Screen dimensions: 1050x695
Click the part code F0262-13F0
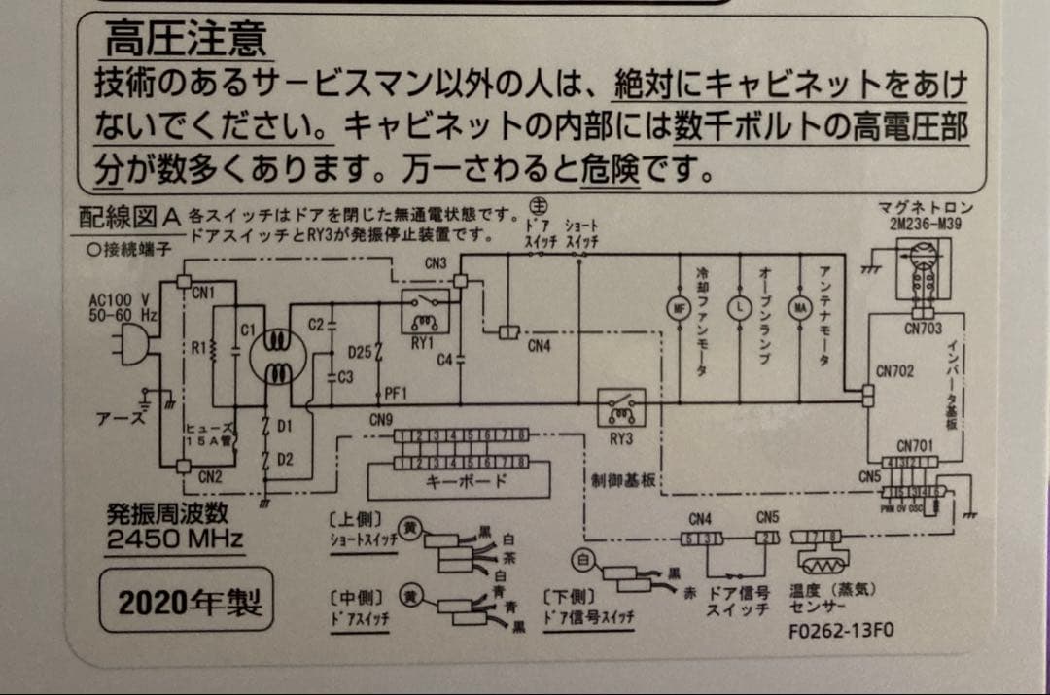pyautogui.click(x=842, y=629)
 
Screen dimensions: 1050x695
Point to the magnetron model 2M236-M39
pyautogui.click(x=923, y=223)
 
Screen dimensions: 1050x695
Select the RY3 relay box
pyautogui.click(x=620, y=407)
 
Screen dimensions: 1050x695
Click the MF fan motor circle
pyautogui.click(x=678, y=309)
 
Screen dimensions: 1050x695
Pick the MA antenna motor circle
pyautogui.click(x=799, y=309)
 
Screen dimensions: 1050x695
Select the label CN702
pyautogui.click(x=894, y=370)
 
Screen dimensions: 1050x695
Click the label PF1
pyautogui.click(x=396, y=393)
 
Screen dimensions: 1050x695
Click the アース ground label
pyautogui.click(x=120, y=420)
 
